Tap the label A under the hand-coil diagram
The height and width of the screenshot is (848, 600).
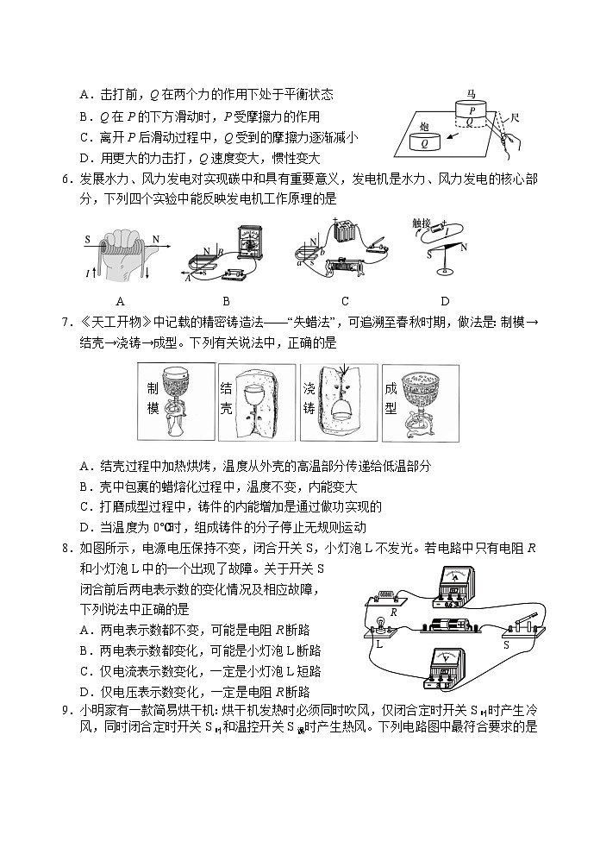[x=119, y=300]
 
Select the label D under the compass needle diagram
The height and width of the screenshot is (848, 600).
[x=444, y=300]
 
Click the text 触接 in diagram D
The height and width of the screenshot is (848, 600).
[x=421, y=222]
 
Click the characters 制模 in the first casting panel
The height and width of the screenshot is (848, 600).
[x=153, y=398]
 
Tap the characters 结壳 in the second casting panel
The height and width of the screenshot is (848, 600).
[x=226, y=398]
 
